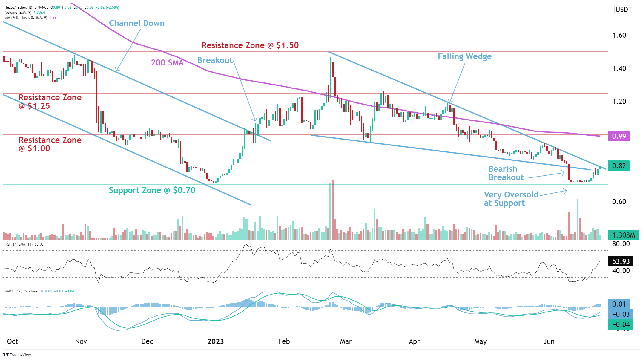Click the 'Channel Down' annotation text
click(x=136, y=23)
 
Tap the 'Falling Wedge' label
click(x=464, y=56)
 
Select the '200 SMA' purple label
click(x=167, y=62)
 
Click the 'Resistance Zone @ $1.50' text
click(x=250, y=45)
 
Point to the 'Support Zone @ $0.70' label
click(x=152, y=190)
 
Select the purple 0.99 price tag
click(x=619, y=136)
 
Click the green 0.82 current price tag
click(x=619, y=166)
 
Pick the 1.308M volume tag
click(x=623, y=235)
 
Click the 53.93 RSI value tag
click(x=621, y=261)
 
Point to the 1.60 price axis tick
click(x=619, y=35)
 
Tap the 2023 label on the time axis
click(x=215, y=341)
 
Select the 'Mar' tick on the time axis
click(x=346, y=341)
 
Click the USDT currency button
click(x=624, y=10)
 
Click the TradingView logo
click(x=17, y=355)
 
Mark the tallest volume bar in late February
click(x=332, y=209)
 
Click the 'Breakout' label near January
click(x=215, y=60)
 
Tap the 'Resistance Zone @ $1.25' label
click(x=50, y=102)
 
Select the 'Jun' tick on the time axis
click(x=549, y=341)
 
